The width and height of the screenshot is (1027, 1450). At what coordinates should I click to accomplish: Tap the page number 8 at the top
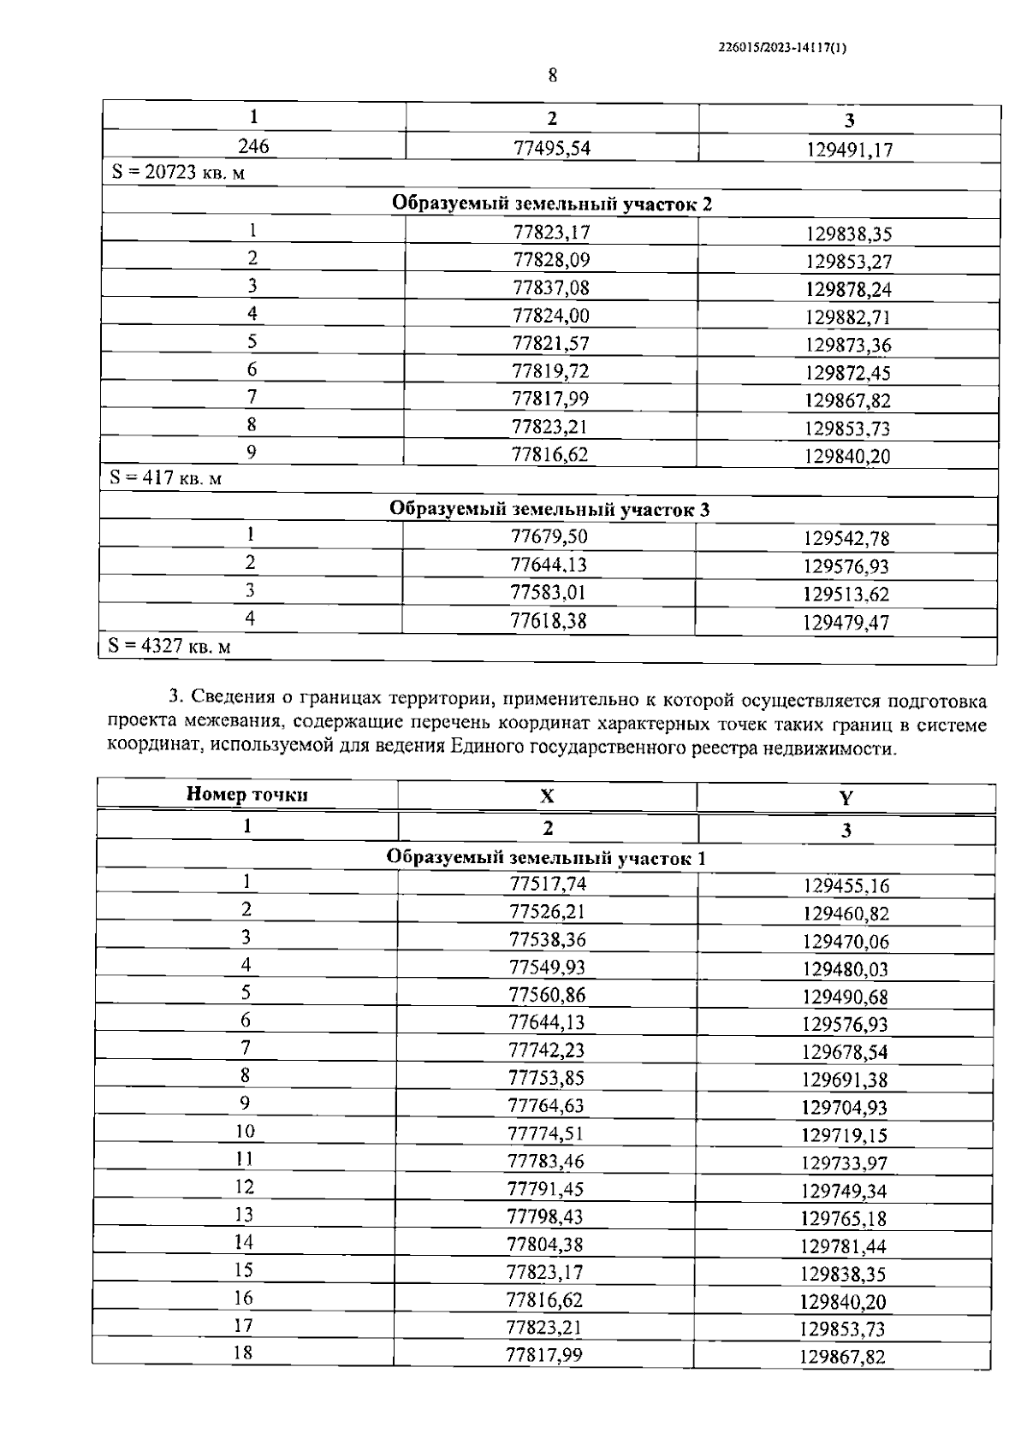[552, 76]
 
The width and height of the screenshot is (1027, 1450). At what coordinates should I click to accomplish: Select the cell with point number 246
[253, 146]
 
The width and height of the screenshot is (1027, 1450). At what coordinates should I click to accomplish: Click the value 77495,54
[552, 148]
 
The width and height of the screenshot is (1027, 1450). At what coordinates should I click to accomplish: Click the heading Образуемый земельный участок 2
[551, 204]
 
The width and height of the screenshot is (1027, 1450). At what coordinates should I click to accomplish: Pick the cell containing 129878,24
[848, 289]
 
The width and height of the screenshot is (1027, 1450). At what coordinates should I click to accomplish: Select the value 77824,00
[551, 316]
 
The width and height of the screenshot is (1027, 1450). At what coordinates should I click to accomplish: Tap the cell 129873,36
[848, 345]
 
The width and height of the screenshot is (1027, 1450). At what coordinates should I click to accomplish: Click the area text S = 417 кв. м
[165, 478]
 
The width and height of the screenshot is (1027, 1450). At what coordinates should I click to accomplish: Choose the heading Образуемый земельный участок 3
[549, 510]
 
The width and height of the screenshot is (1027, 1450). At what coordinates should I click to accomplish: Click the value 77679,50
[549, 537]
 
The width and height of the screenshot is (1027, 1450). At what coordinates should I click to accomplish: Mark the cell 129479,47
[846, 623]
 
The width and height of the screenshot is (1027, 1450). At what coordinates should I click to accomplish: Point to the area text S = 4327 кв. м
[169, 646]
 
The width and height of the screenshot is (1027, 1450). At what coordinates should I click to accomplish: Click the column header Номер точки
[247, 795]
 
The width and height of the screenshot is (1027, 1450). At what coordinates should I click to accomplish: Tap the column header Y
[846, 799]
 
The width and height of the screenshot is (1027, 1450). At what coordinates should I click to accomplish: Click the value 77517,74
[548, 885]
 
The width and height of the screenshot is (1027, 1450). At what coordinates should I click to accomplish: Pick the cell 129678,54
[845, 1051]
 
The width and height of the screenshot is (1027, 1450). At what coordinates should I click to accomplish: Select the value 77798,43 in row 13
[546, 1216]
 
